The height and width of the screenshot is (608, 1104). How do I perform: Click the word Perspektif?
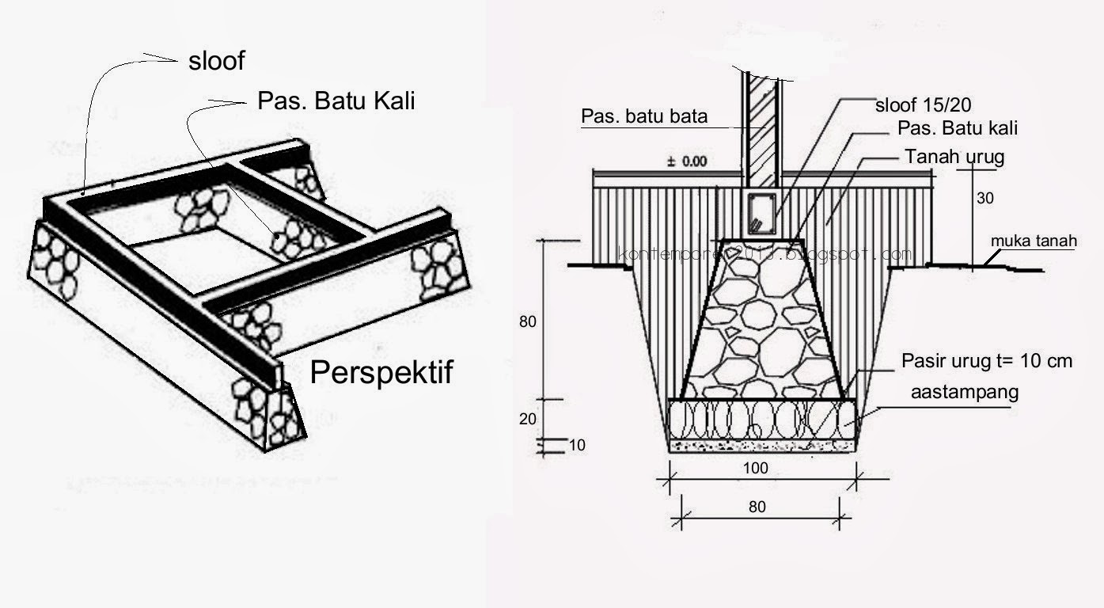pyautogui.click(x=381, y=371)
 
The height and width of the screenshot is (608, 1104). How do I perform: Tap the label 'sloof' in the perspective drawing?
pyautogui.click(x=216, y=61)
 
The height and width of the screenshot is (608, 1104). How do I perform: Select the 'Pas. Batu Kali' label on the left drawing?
pyautogui.click(x=336, y=101)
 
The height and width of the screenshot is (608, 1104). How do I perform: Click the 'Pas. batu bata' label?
pyautogui.click(x=644, y=117)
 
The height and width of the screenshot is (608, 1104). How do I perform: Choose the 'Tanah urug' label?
pyautogui.click(x=954, y=157)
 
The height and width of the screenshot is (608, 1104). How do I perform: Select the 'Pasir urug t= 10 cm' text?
pyautogui.click(x=987, y=361)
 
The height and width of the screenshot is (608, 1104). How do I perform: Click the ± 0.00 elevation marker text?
pyautogui.click(x=689, y=161)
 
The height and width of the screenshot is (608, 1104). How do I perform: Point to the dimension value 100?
pyautogui.click(x=756, y=468)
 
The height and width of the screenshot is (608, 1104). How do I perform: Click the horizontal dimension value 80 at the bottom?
pyautogui.click(x=757, y=507)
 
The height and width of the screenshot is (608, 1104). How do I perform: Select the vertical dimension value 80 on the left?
pyautogui.click(x=529, y=321)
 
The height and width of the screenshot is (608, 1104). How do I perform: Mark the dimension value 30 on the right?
pyautogui.click(x=984, y=199)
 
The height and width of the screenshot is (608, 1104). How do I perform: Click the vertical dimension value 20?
pyautogui.click(x=528, y=420)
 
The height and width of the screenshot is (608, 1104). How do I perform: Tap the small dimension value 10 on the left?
pyautogui.click(x=577, y=446)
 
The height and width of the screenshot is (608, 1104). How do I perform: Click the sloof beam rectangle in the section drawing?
pyautogui.click(x=761, y=213)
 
